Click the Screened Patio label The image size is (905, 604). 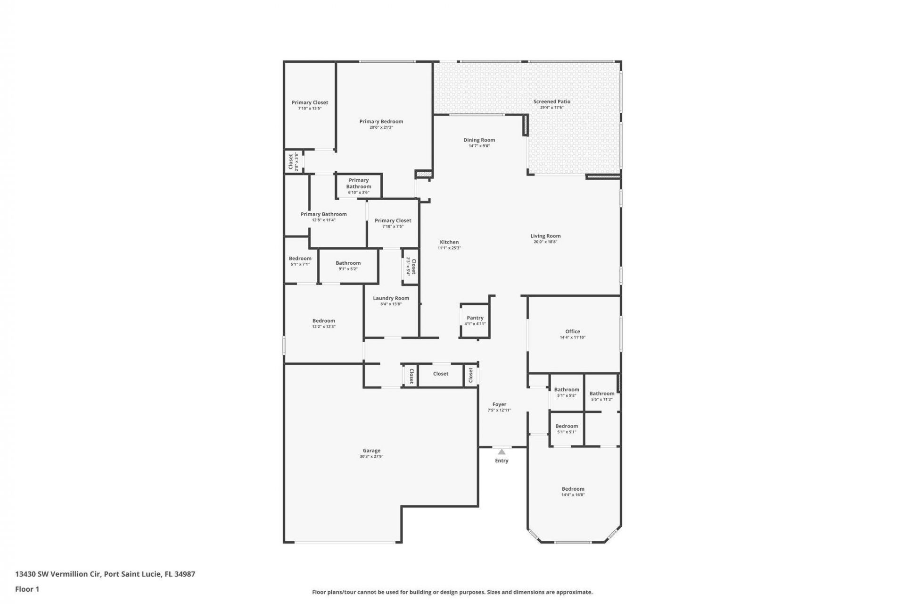[551, 101]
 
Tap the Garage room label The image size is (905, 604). [371, 451]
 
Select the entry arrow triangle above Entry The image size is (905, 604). [502, 452]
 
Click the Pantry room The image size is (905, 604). [475, 320]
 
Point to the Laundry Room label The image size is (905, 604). [391, 298]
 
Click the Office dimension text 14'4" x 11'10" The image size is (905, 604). [573, 337]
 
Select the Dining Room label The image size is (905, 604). [479, 140]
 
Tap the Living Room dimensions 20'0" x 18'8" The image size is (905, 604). [545, 242]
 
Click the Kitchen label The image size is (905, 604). [449, 242]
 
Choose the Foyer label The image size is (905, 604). [499, 404]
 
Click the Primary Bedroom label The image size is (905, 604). [381, 121]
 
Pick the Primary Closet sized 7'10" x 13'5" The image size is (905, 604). [310, 105]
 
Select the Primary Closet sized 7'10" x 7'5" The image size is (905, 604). [393, 223]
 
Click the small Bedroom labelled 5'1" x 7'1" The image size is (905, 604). [300, 261]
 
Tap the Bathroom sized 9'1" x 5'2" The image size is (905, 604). [348, 266]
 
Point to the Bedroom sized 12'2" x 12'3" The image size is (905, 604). [323, 323]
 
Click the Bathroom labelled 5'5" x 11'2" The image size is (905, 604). [601, 396]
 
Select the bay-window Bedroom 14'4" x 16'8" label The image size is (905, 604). [573, 489]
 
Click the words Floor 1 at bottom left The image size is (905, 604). [27, 589]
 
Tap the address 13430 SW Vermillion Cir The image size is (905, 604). [58, 574]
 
